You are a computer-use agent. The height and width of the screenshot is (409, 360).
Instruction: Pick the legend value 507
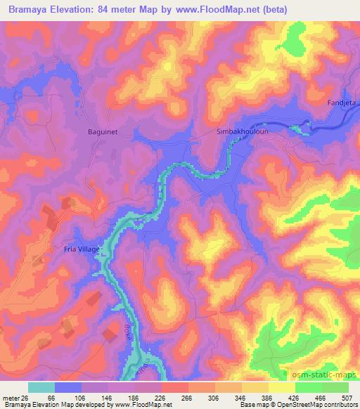347,397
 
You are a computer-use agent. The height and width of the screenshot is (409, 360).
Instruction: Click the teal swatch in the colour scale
41,387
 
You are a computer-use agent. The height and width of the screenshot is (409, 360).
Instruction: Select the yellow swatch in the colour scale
282,387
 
